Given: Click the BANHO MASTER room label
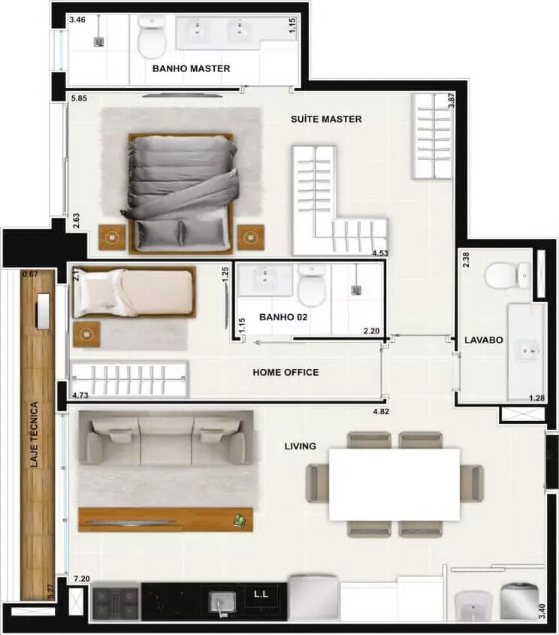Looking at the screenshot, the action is tap(191, 68).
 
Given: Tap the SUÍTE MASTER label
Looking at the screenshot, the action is tap(326, 119).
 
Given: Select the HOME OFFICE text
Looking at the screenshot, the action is tap(286, 372).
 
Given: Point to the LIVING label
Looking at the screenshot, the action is tap(300, 446).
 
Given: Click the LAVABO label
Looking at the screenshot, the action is tap(484, 340).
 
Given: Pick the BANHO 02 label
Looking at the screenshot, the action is tap(283, 317).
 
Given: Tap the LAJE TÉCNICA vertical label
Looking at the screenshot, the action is tap(35, 434).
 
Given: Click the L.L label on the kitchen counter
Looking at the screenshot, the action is tap(261, 594).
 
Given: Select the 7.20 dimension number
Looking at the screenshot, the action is tap(82, 579).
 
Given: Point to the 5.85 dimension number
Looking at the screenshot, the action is tap(79, 98).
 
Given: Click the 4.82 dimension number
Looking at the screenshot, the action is tap(381, 412).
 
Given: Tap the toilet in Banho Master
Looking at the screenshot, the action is tap(152, 38).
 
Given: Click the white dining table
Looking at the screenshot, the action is tap(394, 484).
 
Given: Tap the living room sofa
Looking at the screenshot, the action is tap(166, 438).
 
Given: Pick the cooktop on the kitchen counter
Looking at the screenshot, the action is tap(116, 600).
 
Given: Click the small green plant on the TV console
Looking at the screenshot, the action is tap(240, 521).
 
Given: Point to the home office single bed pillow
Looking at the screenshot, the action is tap(97, 294).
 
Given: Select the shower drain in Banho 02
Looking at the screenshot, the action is tap(356, 290).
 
